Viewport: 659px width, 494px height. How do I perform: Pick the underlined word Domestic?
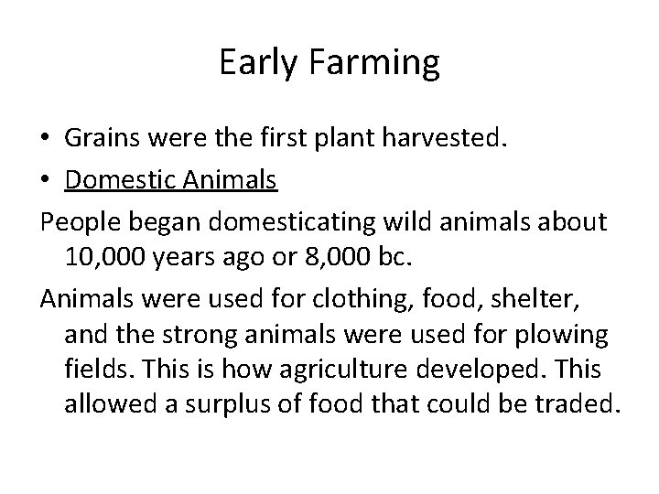coord(123,180)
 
